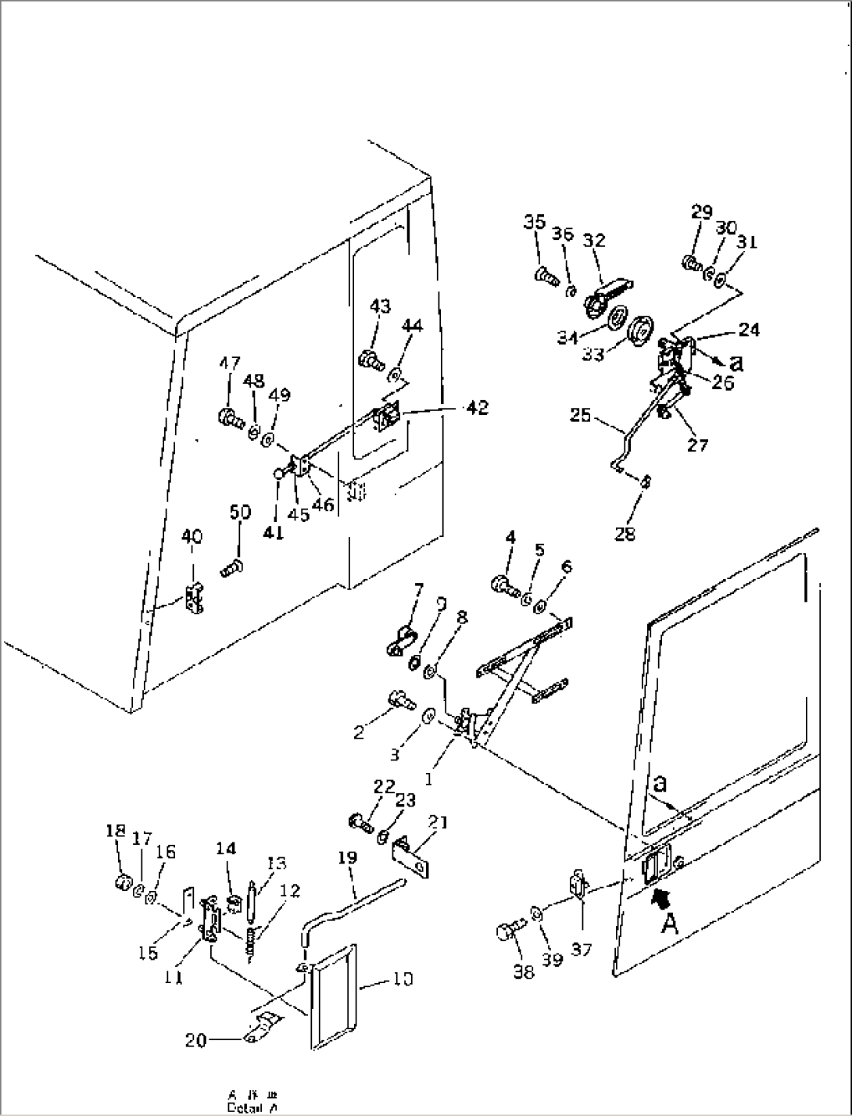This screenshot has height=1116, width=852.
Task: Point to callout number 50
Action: click(241, 512)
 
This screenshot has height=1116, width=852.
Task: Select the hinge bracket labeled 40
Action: click(195, 599)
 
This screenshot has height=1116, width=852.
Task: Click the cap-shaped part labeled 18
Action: click(121, 883)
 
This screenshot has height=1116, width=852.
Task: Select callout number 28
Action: click(625, 534)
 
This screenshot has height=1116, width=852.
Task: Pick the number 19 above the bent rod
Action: click(348, 858)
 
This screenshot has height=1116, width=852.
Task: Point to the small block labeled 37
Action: click(578, 886)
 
